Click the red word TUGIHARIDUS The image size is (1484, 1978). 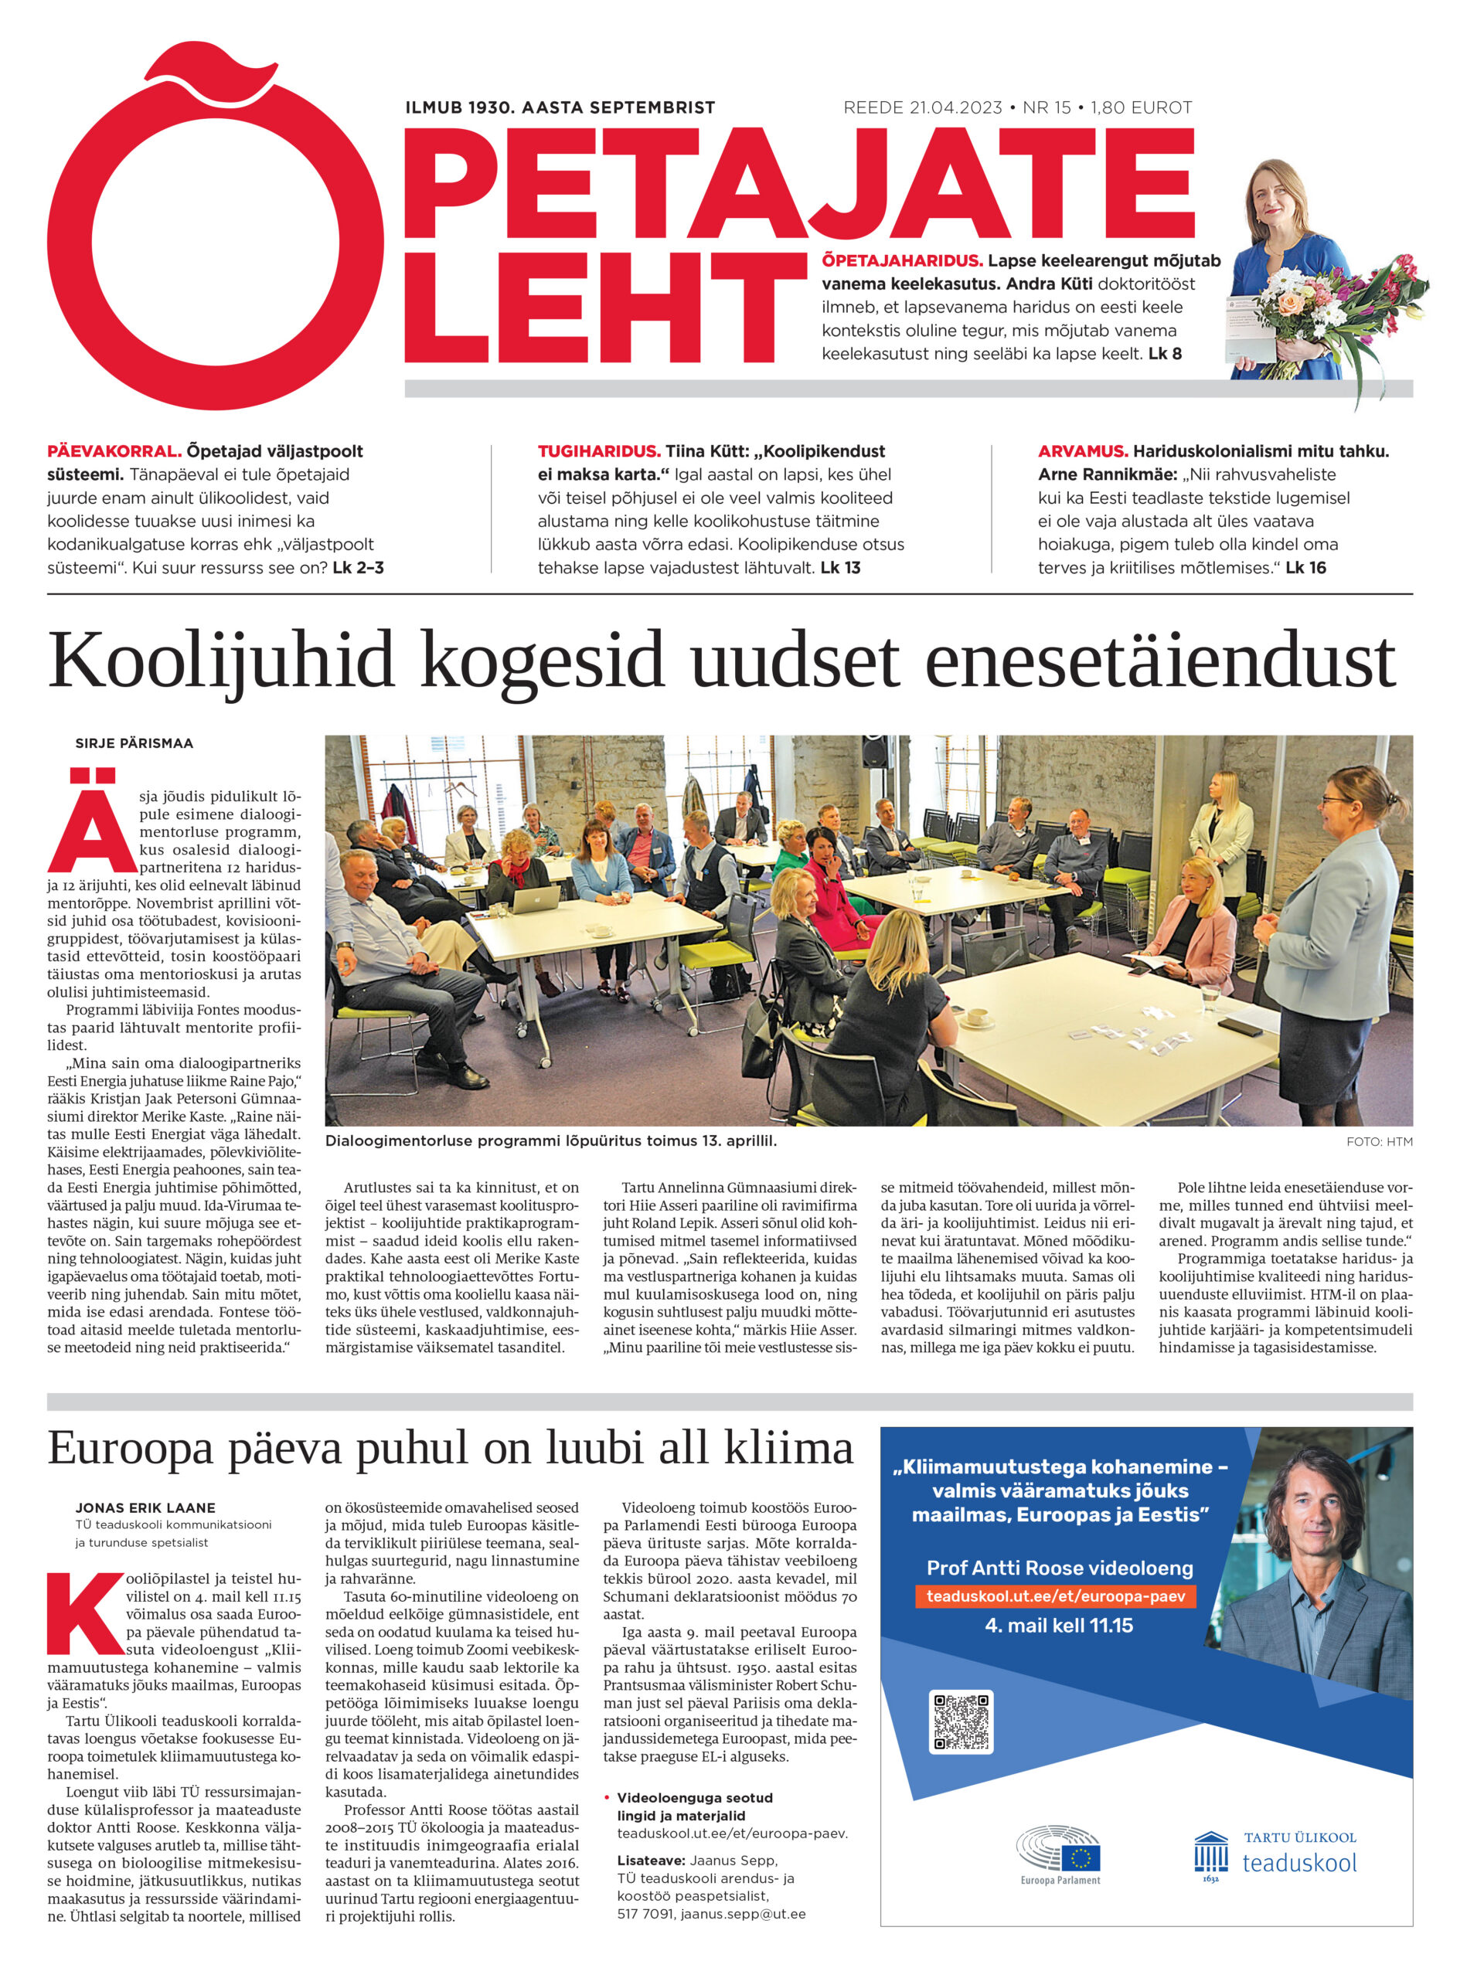(598, 450)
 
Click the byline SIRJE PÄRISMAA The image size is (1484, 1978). (134, 743)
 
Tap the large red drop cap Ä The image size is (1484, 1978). (92, 820)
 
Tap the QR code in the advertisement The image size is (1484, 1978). (961, 1721)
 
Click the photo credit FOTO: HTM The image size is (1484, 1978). (1378, 1142)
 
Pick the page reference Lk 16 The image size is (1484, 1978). (1305, 567)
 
